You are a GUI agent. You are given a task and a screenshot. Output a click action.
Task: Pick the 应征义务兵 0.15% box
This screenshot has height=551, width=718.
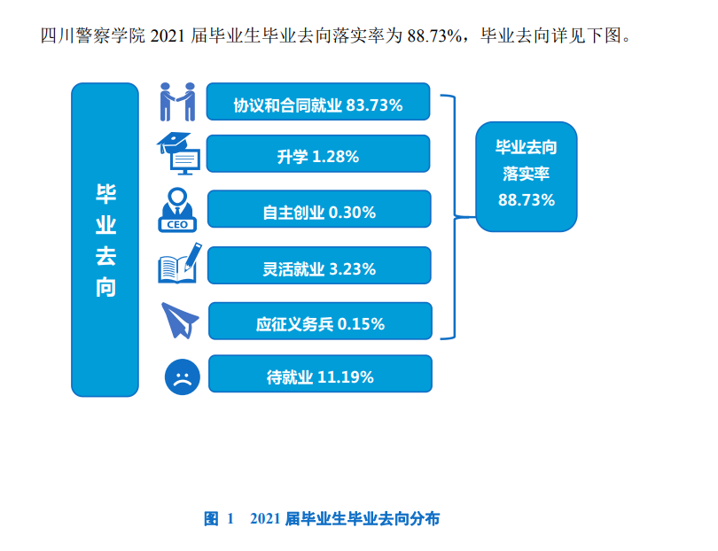pos(320,322)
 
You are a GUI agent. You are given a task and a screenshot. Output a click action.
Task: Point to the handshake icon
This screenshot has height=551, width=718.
pos(177,102)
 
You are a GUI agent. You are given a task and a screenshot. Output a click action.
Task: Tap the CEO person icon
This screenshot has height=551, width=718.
pos(178,210)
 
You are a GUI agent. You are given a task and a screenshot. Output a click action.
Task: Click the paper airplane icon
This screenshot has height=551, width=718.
pos(178,320)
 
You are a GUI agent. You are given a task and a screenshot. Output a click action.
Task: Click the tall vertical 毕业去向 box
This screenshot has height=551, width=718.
pos(105,239)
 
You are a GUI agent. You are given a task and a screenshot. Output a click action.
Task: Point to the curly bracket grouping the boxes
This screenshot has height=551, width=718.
pos(454,216)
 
